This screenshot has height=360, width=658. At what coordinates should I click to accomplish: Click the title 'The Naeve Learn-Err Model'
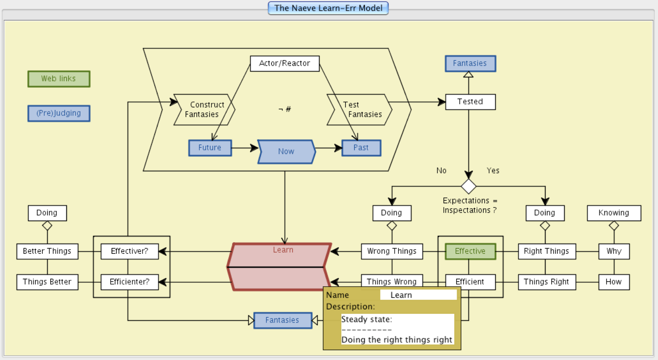tap(328, 8)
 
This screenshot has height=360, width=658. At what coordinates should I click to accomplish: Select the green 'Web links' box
tap(59, 79)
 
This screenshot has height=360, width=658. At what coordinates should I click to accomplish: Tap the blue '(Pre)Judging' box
tap(59, 113)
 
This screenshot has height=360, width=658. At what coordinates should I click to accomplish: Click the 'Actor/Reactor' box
tap(285, 63)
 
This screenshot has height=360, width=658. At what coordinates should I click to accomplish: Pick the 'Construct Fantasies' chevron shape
tap(204, 110)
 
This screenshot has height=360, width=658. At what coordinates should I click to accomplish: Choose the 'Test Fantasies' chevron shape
tap(360, 110)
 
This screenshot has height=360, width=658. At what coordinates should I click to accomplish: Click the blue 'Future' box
tap(210, 148)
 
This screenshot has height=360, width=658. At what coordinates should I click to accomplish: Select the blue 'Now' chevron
tap(286, 151)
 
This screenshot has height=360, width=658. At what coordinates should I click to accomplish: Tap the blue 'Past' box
tap(361, 148)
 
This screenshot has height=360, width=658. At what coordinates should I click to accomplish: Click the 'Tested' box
tap(470, 102)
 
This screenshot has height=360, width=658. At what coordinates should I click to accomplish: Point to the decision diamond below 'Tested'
tap(469, 186)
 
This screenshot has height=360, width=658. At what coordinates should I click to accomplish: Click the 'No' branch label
tap(441, 171)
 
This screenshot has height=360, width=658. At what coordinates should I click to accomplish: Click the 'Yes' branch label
tap(493, 171)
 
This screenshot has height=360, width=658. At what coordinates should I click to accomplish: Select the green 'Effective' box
tap(470, 251)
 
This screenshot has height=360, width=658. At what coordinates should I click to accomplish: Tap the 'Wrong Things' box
tap(392, 251)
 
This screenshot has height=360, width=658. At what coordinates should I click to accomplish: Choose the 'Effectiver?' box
tap(130, 251)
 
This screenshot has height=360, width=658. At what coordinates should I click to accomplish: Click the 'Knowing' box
tap(614, 213)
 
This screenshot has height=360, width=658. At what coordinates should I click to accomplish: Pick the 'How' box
tap(614, 282)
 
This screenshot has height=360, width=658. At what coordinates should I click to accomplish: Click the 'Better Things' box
tap(47, 251)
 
